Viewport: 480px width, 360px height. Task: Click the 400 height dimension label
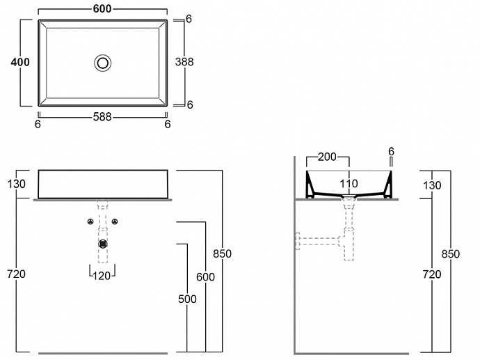pos(20,62)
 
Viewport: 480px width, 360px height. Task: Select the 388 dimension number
pos(184,62)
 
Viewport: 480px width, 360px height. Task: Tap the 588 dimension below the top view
pos(102,117)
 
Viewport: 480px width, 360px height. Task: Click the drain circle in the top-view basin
pos(102,63)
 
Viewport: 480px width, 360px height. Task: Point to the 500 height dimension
pos(187,299)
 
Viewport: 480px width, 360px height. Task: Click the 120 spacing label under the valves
pos(102,276)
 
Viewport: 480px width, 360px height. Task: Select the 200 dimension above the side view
pos(327,157)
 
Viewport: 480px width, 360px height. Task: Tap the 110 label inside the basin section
pos(349,184)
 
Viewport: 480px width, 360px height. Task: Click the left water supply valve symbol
pos(90,221)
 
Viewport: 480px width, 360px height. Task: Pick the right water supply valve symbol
pos(115,221)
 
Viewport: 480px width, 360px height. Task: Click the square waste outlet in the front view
pos(103,244)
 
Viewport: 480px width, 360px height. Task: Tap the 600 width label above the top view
pos(102,9)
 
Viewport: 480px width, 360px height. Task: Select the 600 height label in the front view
pos(205,276)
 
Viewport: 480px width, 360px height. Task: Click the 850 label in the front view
pos(222,253)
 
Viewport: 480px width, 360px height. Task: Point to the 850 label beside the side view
pos(451,253)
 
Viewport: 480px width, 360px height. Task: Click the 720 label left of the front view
pos(16,274)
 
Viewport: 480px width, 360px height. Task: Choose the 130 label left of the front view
pos(16,184)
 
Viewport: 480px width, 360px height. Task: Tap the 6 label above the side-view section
pos(391,151)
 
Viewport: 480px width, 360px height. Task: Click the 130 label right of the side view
pos(432,185)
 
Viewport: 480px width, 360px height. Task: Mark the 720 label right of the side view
pos(432,274)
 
